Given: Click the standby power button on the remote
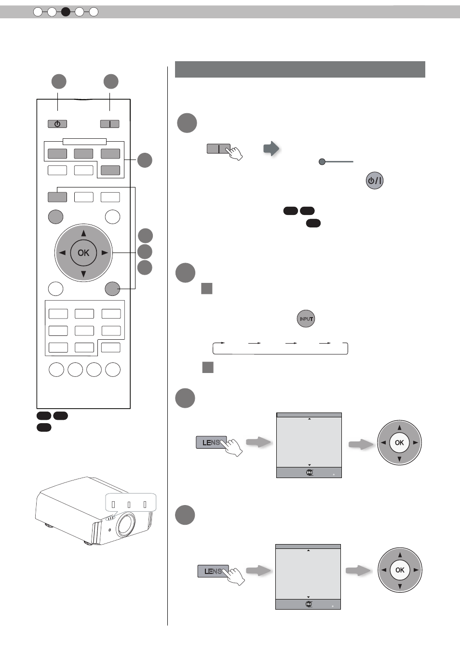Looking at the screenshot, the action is [57, 124].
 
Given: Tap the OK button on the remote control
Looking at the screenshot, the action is [83, 253].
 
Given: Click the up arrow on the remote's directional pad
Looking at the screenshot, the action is [84, 233].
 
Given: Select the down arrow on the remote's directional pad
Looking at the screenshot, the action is [83, 274].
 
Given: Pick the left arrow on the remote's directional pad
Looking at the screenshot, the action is [62, 253].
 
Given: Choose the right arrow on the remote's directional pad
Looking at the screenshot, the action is [105, 253].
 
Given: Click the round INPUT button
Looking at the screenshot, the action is [306, 319].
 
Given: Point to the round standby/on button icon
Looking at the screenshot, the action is [375, 180].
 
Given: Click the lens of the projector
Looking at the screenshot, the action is [126, 525].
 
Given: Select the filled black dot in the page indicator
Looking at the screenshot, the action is [66, 12].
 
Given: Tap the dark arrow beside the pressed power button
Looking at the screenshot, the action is [271, 149].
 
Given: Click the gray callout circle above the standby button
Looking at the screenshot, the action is [59, 81].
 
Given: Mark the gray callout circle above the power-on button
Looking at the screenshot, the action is [111, 81].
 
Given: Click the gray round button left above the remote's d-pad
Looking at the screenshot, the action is [55, 217].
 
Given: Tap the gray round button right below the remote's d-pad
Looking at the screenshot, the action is [112, 289].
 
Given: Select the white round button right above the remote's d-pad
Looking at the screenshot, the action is [112, 217].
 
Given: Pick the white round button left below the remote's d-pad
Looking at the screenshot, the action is [55, 289].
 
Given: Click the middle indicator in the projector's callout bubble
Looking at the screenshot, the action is [129, 505].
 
